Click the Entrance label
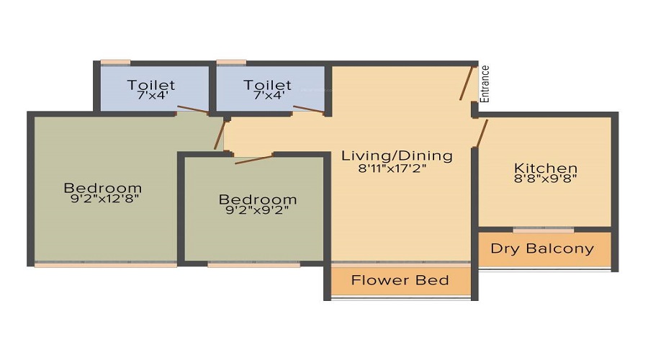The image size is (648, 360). [x=485, y=84]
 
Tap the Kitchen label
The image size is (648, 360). [x=546, y=168]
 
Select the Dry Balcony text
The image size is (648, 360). [x=542, y=248]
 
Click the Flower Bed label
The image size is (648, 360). [x=400, y=280]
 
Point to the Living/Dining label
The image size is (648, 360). [x=397, y=156]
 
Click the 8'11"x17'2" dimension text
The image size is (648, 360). [x=392, y=168]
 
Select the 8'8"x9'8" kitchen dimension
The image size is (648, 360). [x=546, y=178]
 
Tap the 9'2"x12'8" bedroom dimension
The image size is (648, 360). [x=105, y=199]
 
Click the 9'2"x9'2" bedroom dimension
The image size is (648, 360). [x=257, y=210]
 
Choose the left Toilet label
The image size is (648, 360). [x=151, y=85]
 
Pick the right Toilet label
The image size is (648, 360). [x=267, y=85]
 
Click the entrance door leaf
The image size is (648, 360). [x=466, y=83]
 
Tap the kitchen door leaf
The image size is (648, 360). [x=482, y=133]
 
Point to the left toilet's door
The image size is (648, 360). [x=193, y=109]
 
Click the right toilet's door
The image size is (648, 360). [x=309, y=109]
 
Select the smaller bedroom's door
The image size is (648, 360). [x=254, y=159]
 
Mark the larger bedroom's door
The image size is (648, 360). [x=220, y=135]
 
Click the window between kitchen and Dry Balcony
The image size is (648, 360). [x=544, y=230]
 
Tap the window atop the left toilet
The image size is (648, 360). [x=115, y=63]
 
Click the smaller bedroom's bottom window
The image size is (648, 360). [x=253, y=264]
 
